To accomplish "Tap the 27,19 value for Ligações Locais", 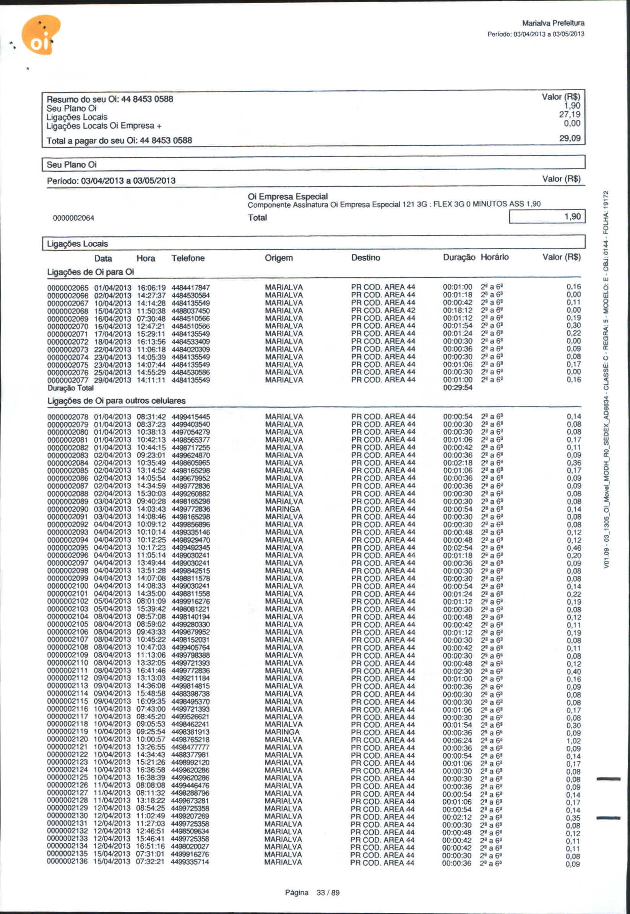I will (x=570, y=114).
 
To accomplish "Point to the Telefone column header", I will (x=188, y=258).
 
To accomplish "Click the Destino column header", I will (x=365, y=258).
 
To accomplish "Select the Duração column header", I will (x=459, y=257).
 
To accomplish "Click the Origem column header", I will (x=279, y=258).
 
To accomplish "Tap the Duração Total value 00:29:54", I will (x=457, y=388).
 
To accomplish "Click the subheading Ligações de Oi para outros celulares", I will (x=117, y=401).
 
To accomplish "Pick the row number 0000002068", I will (x=68, y=311).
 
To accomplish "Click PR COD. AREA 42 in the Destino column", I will (x=383, y=310).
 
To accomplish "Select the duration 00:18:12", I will (x=457, y=310).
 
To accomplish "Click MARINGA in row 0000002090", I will (x=283, y=509).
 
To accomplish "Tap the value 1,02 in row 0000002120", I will (x=573, y=741).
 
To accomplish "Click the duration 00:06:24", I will (x=457, y=741).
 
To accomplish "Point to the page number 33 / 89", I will (x=328, y=893).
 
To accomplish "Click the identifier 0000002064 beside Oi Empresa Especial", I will (x=73, y=218).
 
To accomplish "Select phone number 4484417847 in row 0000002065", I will (x=191, y=288).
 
